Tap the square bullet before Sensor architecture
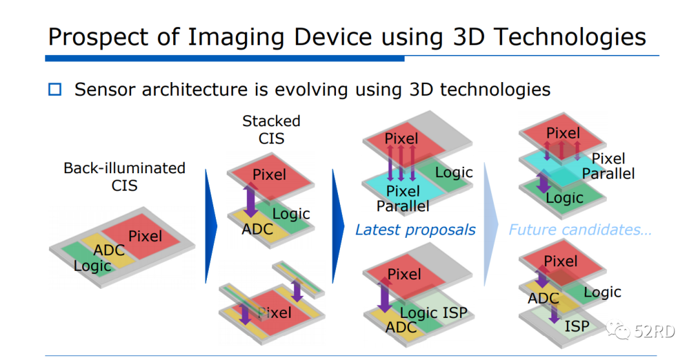(55, 89)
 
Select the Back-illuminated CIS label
(124, 176)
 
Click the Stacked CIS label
(271, 129)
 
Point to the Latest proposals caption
(415, 229)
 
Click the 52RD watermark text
(655, 332)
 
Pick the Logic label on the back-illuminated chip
(92, 266)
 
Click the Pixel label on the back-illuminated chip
(145, 236)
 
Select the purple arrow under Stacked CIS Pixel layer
(250, 201)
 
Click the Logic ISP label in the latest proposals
(433, 313)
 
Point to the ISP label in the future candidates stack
(576, 326)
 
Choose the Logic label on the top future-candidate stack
(565, 197)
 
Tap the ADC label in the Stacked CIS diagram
(257, 229)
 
